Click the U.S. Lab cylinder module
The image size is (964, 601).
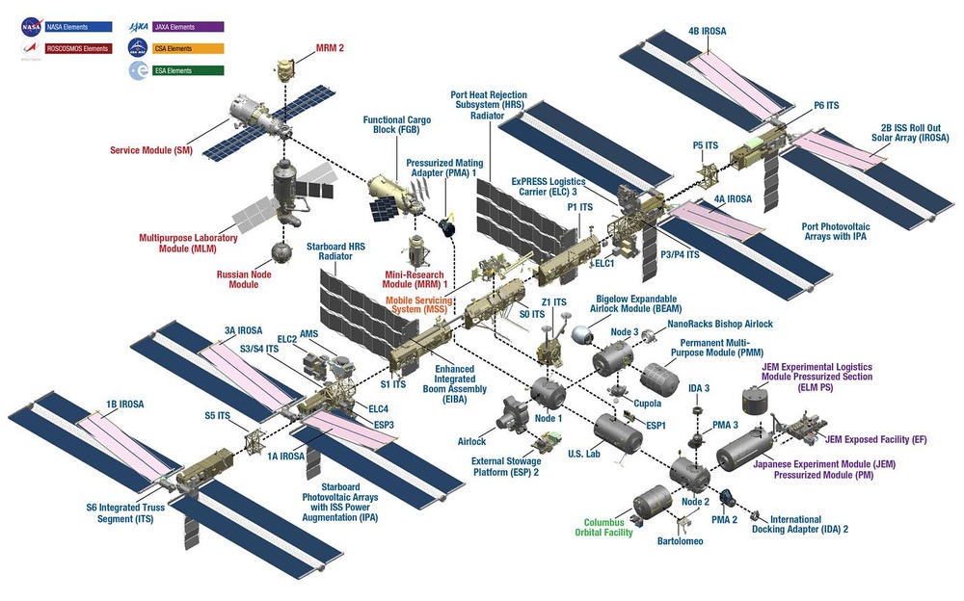coord(617,433)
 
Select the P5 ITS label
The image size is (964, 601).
coord(706,145)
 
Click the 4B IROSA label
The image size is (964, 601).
coord(708,32)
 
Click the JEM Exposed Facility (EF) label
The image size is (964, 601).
coord(875,439)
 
